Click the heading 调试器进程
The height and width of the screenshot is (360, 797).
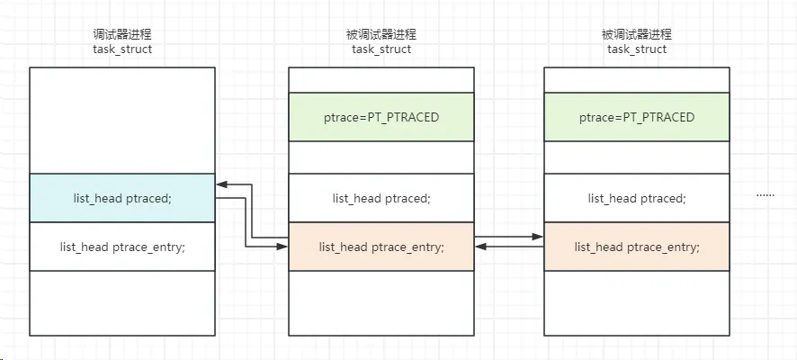point(122,34)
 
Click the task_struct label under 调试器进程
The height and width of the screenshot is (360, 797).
point(122,49)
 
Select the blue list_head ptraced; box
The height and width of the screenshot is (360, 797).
point(122,198)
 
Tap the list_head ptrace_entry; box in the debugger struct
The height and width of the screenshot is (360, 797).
point(122,247)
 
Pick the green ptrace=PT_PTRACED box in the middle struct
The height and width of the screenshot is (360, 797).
point(381,118)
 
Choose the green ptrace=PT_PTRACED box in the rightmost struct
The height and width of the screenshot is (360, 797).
point(637,118)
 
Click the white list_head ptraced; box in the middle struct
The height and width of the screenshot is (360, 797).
point(381,198)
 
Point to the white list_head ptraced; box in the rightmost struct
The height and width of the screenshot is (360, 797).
point(637,198)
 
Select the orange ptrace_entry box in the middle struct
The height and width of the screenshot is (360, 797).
point(381,247)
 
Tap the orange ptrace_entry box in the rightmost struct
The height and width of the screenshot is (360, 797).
point(637,247)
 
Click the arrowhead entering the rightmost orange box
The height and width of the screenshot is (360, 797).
point(539,238)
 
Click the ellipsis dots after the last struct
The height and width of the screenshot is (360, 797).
point(766,195)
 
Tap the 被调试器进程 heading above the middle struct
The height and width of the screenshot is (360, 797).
point(381,34)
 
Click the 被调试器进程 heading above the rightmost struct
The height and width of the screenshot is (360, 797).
point(637,34)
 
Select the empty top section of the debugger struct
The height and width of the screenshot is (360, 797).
point(122,121)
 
